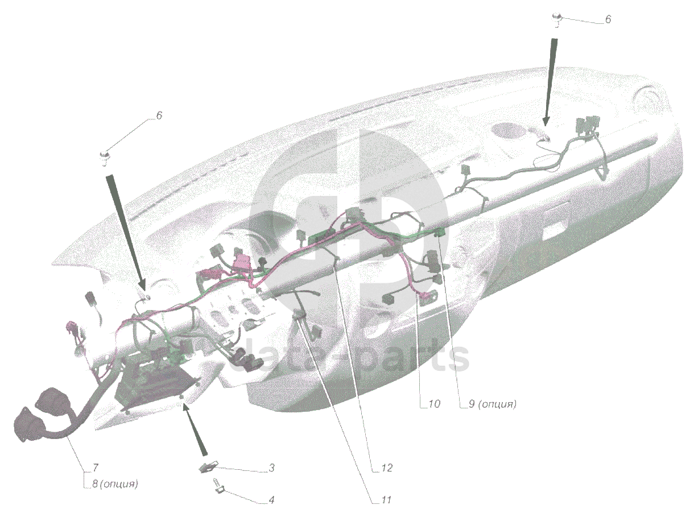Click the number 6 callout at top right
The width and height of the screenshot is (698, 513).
(x=608, y=19)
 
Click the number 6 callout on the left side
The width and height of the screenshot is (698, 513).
(x=159, y=115)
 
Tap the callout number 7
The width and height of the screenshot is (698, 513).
(x=96, y=468)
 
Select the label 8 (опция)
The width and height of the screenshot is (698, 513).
(x=115, y=484)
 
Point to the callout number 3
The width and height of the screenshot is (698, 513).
(x=271, y=468)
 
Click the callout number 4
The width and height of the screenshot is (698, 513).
(x=271, y=500)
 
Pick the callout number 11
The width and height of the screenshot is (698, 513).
(x=386, y=500)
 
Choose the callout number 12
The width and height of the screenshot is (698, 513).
(x=386, y=468)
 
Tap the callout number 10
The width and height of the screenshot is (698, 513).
(x=435, y=404)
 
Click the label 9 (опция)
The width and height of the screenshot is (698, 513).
(x=493, y=404)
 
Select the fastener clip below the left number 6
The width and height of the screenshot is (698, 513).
(x=104, y=158)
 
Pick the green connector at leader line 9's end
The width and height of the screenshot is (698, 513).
(x=439, y=233)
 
